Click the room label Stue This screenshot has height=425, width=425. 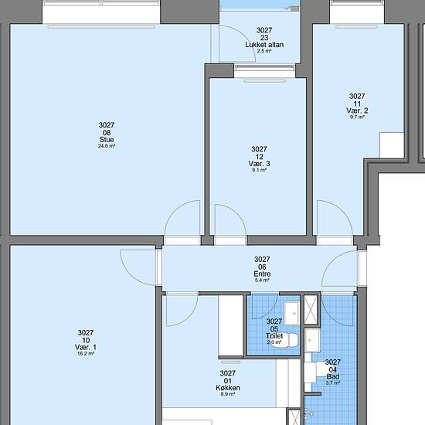pyautogui.click(x=107, y=140)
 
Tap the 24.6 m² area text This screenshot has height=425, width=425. pyautogui.click(x=107, y=146)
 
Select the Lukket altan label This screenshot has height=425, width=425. pyautogui.click(x=264, y=45)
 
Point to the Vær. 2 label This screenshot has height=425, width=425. pyautogui.click(x=357, y=110)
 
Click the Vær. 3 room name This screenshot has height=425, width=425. pyautogui.click(x=259, y=164)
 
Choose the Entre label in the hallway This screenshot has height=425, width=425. pyautogui.click(x=262, y=274)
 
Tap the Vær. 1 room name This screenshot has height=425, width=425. pyautogui.click(x=86, y=347)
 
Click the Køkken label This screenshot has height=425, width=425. pyautogui.click(x=228, y=388)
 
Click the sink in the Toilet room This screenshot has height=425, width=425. pyautogui.click(x=291, y=313)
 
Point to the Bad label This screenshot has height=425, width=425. pyautogui.click(x=333, y=376)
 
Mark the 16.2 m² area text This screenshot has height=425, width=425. pyautogui.click(x=86, y=353)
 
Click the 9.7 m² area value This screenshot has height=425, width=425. pyautogui.click(x=357, y=117)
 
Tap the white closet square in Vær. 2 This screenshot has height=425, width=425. pyautogui.click(x=392, y=145)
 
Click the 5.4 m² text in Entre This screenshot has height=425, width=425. pyautogui.click(x=262, y=280)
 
